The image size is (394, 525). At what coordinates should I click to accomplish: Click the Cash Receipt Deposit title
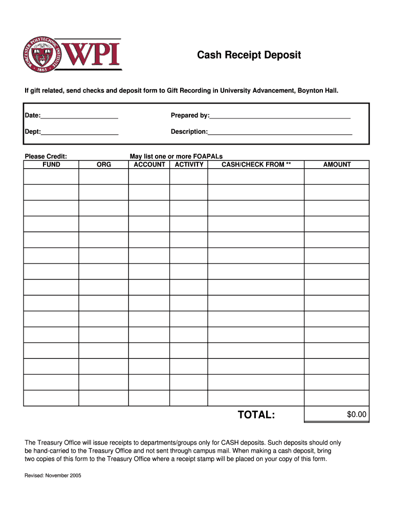(x=249, y=55)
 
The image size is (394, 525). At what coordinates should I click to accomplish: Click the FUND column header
(x=51, y=165)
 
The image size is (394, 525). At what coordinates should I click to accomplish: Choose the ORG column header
(x=104, y=165)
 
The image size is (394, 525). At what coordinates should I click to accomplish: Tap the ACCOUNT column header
(x=149, y=165)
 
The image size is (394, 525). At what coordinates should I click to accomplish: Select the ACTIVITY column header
(x=189, y=165)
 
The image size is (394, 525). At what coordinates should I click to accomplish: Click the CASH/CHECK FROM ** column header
(x=256, y=165)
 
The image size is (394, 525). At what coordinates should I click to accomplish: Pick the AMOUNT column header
(x=337, y=165)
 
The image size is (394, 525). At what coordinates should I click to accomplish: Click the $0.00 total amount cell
(x=337, y=414)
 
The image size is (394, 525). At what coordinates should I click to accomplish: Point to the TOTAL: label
(x=256, y=414)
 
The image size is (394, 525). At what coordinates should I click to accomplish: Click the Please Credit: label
(x=46, y=156)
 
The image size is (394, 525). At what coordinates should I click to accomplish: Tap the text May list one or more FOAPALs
(x=176, y=156)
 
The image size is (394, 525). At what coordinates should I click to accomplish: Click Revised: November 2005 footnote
(x=53, y=475)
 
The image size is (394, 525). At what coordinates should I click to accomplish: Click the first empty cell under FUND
(x=51, y=176)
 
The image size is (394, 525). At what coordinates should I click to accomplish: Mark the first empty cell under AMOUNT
(x=337, y=176)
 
